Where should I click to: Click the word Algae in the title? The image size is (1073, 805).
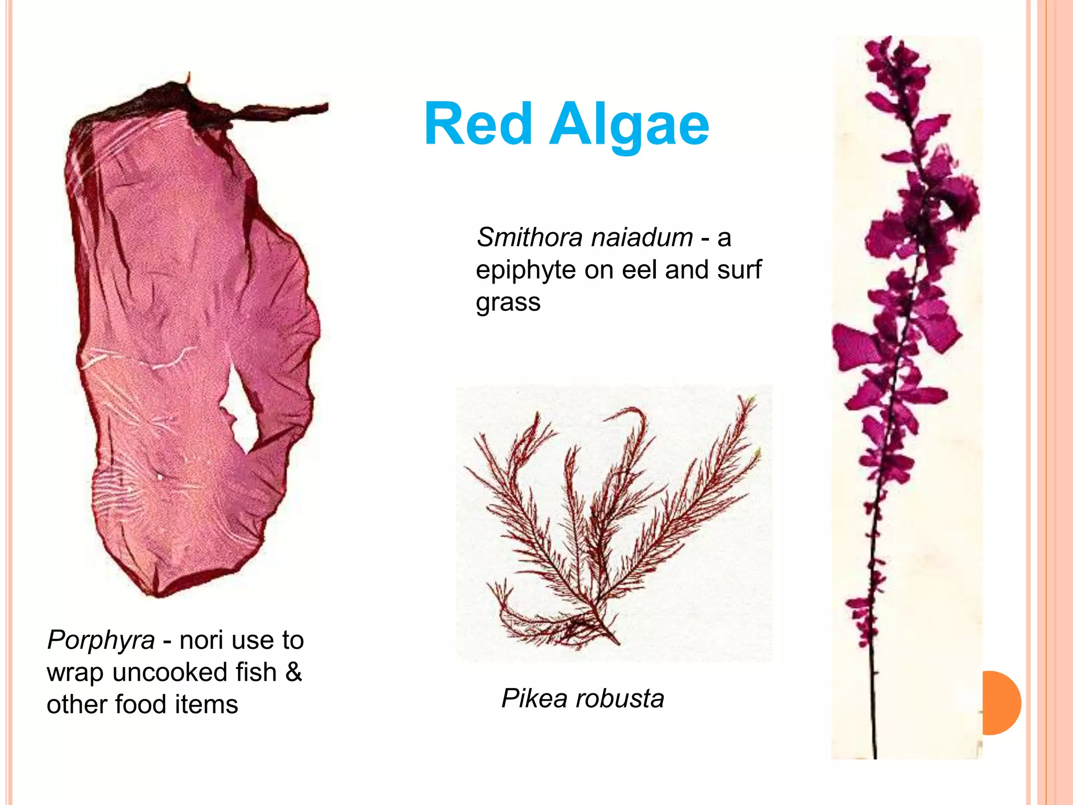(629, 126)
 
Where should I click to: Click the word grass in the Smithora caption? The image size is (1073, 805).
(508, 302)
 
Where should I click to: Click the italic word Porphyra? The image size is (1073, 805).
(101, 640)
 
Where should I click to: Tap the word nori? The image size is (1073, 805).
(201, 640)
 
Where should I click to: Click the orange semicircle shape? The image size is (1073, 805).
(1001, 703)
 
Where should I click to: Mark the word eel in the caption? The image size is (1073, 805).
(640, 270)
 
